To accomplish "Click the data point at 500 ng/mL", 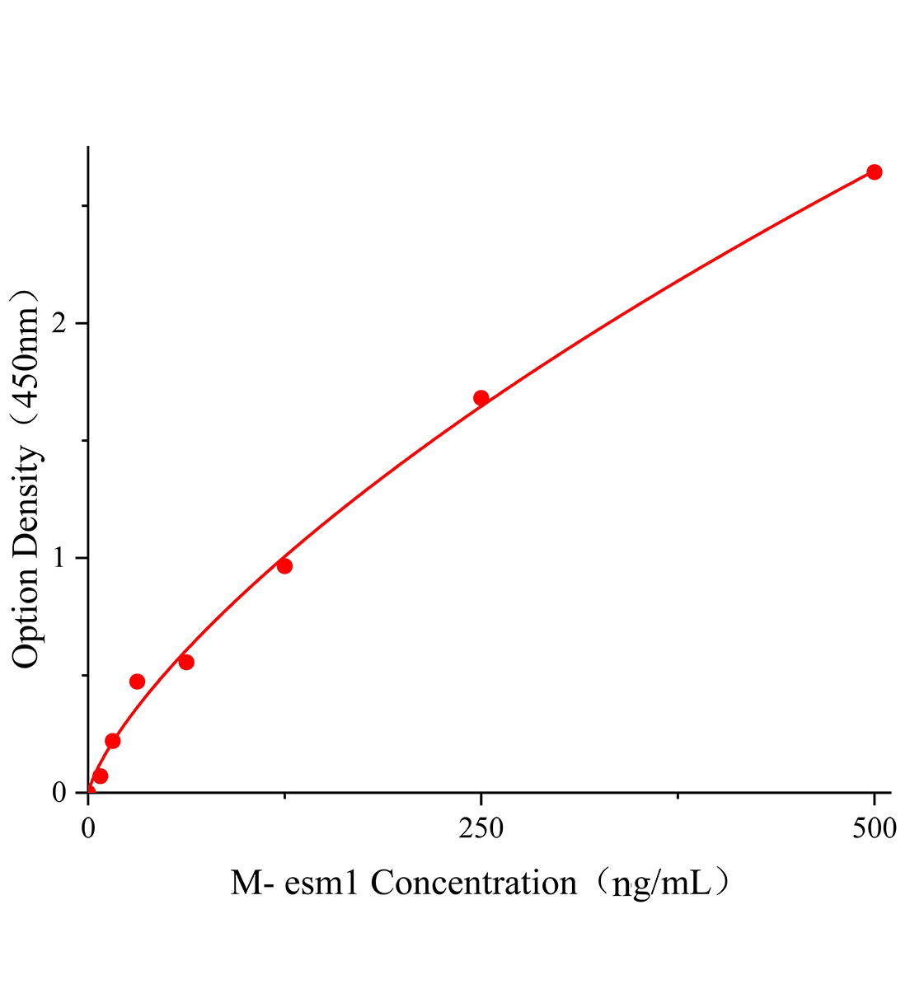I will [x=874, y=172].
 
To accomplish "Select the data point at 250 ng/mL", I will [x=481, y=398].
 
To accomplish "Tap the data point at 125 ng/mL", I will [x=284, y=566].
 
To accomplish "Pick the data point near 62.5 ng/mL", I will [x=186, y=663].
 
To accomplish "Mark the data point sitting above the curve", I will [x=137, y=682].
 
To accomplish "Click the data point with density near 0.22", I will [x=113, y=741].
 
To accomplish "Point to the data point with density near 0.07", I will [x=101, y=776].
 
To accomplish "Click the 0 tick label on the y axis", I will [x=59, y=793].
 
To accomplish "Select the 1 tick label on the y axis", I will [x=59, y=558].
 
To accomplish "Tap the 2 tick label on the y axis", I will [x=59, y=324].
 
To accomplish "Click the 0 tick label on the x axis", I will [x=88, y=828].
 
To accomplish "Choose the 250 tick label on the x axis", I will [x=481, y=828].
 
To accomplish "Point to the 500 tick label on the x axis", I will [x=874, y=828].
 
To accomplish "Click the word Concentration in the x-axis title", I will [x=474, y=884].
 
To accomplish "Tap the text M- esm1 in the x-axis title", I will [x=295, y=884].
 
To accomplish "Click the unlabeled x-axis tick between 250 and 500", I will [x=678, y=796].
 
